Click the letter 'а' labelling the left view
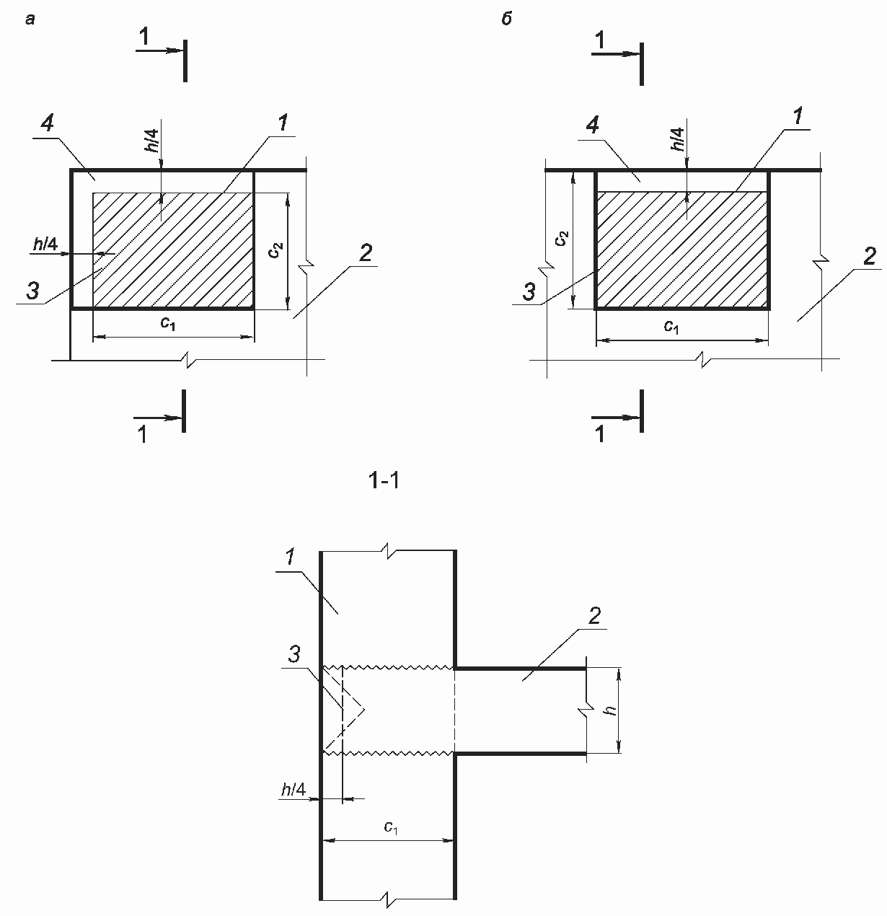click(30, 20)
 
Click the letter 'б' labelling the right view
click(506, 20)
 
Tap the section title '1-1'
click(384, 481)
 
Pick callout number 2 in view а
click(366, 253)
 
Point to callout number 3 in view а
click(32, 291)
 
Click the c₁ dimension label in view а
click(168, 324)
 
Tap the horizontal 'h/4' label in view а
click(45, 245)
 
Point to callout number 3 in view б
click(529, 292)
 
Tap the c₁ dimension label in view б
click(671, 327)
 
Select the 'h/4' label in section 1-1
click(294, 790)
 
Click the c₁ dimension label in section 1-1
click(390, 827)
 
